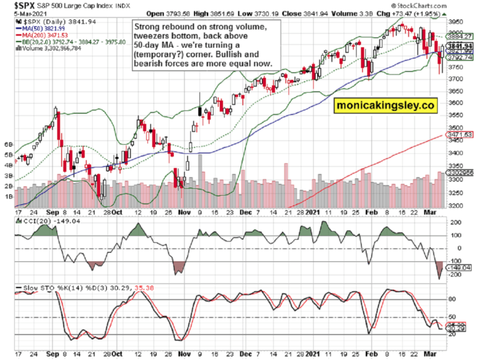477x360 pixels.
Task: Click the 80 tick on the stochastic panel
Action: pos(453,299)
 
